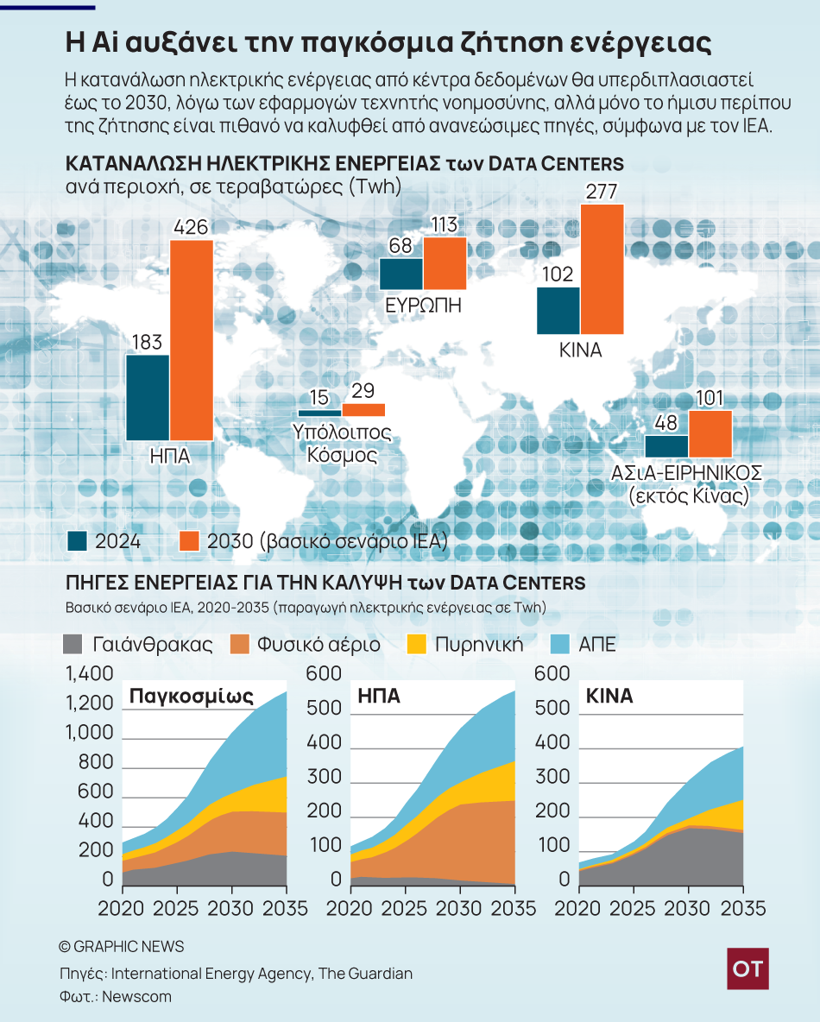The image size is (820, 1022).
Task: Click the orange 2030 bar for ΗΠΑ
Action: [192, 340]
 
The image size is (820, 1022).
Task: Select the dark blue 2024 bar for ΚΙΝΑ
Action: [558, 311]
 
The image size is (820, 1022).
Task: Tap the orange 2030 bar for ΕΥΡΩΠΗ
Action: [445, 263]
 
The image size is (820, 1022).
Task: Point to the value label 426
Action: [191, 227]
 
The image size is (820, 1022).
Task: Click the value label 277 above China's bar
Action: [601, 192]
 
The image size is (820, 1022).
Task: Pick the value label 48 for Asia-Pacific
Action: [665, 423]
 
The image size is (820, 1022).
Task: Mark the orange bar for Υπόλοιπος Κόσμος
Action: [363, 410]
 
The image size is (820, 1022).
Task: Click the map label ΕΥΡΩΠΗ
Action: [423, 305]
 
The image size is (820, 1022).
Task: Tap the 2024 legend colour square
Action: [78, 541]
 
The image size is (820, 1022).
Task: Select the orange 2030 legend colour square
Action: [189, 541]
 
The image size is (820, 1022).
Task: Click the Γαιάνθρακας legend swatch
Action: [73, 645]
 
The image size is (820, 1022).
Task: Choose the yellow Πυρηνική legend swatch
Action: [417, 645]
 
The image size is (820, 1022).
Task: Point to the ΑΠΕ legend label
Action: [597, 645]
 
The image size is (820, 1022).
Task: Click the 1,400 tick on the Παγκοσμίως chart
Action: [89, 673]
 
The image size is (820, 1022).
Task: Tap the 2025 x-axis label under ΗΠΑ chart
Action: [404, 908]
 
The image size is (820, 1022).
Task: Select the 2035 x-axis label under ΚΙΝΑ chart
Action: [743, 908]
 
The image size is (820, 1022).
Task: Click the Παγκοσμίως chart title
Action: [192, 696]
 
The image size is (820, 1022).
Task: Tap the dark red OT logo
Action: [747, 968]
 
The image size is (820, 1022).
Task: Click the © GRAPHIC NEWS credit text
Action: [122, 946]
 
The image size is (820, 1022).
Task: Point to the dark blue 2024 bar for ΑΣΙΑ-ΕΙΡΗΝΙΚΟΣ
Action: [667, 446]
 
